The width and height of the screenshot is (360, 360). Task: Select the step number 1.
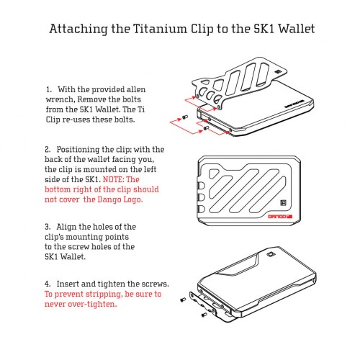pyautogui.click(x=49, y=90)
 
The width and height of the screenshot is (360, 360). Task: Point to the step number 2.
pyautogui.click(x=48, y=150)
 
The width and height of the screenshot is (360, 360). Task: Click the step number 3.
pyautogui.click(x=48, y=227)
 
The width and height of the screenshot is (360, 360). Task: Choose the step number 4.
pyautogui.click(x=48, y=284)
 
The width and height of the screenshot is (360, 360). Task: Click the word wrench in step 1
pyautogui.click(x=60, y=99)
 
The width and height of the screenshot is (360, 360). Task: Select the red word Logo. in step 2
pyautogui.click(x=133, y=199)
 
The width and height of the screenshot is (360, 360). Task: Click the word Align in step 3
pyautogui.click(x=66, y=227)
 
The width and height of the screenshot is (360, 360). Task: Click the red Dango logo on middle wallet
pyautogui.click(x=280, y=217)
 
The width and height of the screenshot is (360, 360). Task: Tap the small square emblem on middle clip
pyautogui.click(x=283, y=203)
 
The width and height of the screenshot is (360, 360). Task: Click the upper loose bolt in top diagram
pyautogui.click(x=185, y=117)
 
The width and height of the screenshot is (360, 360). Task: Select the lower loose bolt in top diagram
pyautogui.click(x=205, y=128)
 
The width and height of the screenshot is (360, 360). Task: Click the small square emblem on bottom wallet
pyautogui.click(x=271, y=254)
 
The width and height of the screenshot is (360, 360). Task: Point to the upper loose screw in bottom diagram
pyautogui.click(x=183, y=300)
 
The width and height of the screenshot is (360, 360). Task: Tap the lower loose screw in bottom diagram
pyautogui.click(x=204, y=315)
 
